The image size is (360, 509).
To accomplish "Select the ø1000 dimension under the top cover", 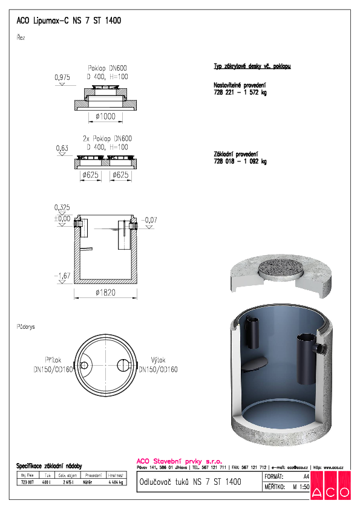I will tap(106, 116).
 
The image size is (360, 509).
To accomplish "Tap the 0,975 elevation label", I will tap(62, 78).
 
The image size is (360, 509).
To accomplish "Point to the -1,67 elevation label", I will tap(62, 276).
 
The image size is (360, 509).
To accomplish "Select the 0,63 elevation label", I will tap(62, 148).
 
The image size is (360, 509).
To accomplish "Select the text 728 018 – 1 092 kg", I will tap(240, 161).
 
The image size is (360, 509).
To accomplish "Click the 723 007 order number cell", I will tap(27, 482).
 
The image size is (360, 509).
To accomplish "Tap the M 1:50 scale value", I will tap(297, 485).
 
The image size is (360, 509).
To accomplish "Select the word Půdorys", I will tap(26, 326).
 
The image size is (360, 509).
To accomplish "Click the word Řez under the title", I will tap(21, 37).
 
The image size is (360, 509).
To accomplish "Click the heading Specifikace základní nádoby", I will tap(48, 466).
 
